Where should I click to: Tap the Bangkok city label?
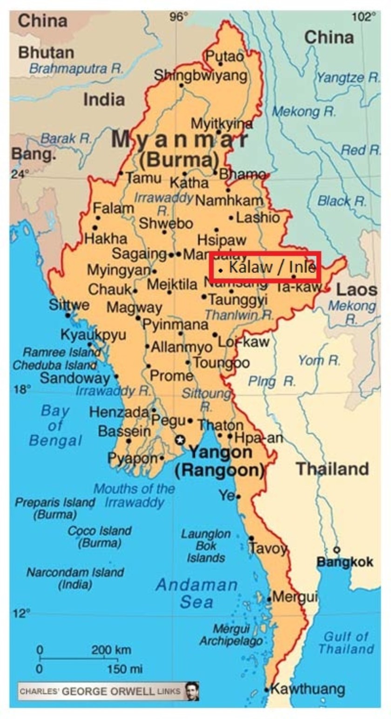click(344, 562)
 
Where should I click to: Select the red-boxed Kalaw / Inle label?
click(264, 267)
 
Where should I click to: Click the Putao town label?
click(225, 56)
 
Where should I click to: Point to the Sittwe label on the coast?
click(69, 305)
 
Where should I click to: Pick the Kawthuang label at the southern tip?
click(308, 689)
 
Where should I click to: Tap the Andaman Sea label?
click(196, 593)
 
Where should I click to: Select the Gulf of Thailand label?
click(346, 643)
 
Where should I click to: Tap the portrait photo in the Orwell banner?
click(191, 691)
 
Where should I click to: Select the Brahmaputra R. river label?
click(76, 69)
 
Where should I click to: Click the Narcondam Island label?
click(75, 578)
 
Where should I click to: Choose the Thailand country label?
click(333, 469)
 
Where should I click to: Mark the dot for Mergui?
click(269, 599)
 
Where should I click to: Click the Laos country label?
click(357, 290)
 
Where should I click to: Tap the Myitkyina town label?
click(222, 123)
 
